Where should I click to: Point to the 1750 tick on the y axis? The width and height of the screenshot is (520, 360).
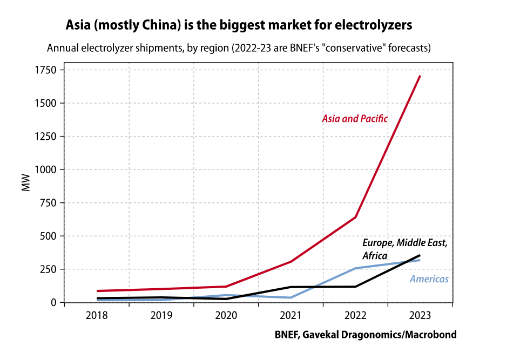(x=46, y=70)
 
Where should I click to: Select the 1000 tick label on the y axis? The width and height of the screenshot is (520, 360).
(x=46, y=169)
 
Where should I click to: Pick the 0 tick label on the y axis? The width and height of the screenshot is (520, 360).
(x=53, y=302)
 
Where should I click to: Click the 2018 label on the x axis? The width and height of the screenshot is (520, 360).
(x=96, y=316)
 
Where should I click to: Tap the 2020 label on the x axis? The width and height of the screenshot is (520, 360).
(x=226, y=316)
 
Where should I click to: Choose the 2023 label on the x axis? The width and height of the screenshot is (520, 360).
(x=420, y=316)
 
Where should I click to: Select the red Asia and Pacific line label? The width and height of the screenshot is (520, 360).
(x=355, y=119)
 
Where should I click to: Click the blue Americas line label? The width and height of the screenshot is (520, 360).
(x=429, y=279)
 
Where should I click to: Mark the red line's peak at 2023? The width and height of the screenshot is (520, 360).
(x=420, y=76)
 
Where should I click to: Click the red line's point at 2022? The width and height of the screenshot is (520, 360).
(x=355, y=218)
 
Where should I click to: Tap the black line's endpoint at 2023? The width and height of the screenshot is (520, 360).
(x=420, y=255)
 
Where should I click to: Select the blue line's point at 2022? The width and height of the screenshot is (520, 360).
(x=355, y=268)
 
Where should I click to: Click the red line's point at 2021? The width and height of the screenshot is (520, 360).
(x=291, y=262)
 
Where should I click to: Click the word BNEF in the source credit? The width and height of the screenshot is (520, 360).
(x=287, y=335)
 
